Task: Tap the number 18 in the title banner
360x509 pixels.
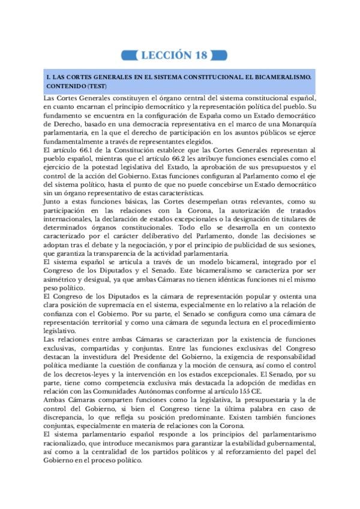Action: pyautogui.click(x=200, y=56)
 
